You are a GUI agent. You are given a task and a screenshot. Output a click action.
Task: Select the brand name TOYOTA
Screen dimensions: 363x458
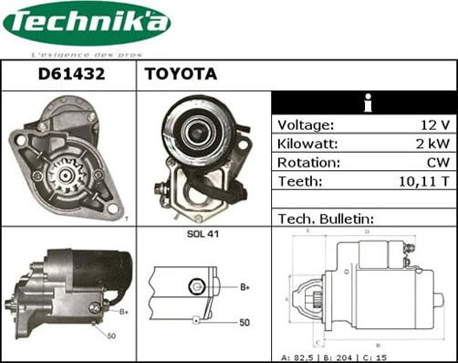pos(181,75)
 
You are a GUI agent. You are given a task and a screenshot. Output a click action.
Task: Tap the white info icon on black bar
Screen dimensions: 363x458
pos(366,103)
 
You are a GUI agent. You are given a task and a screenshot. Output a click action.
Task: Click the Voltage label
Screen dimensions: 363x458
pos(306,125)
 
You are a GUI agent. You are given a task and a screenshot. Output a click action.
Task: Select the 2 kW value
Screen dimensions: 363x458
pos(432,144)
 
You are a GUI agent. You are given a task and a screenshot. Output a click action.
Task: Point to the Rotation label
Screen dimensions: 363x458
pos(308,162)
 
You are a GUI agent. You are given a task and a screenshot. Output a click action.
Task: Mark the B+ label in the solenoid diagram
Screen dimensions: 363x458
pos(245,287)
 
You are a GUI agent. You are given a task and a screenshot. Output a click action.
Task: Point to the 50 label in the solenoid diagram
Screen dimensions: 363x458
pos(245,323)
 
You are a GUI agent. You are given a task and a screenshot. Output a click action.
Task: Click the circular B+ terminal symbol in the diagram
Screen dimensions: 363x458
pos(193,287)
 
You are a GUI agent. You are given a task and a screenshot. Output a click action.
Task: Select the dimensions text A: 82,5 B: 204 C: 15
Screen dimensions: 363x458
pos(366,355)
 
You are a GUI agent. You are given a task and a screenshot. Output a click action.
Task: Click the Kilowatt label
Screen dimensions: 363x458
pos(308,144)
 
